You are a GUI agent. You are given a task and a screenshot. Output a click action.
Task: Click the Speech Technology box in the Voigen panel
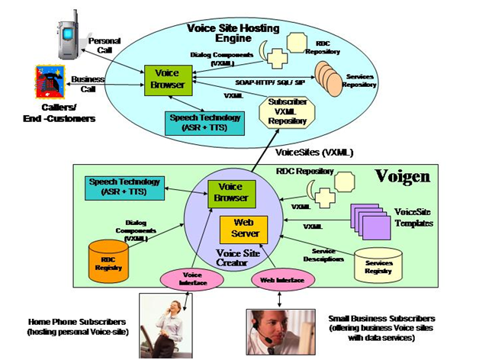(124, 187)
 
